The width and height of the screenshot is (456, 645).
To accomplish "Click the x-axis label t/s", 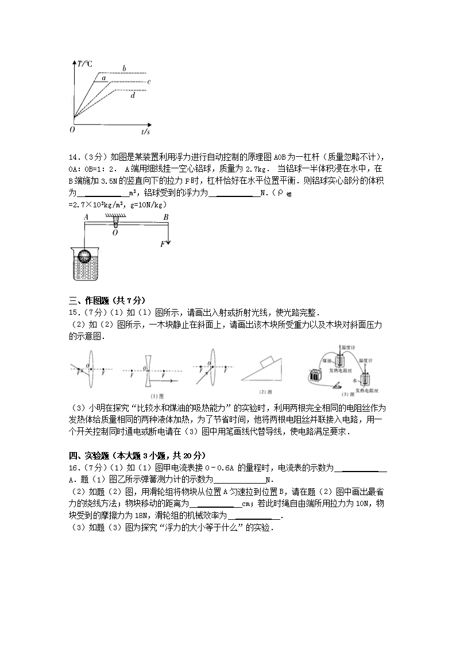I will click(x=145, y=132).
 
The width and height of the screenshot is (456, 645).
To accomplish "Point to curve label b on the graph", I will click(x=123, y=69).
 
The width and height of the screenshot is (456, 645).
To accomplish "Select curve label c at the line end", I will click(x=149, y=82).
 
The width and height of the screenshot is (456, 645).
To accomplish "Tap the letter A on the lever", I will click(x=85, y=217).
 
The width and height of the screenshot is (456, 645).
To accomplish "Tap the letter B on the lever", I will click(x=165, y=217).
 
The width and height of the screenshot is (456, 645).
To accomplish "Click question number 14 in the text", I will click(x=73, y=158).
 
